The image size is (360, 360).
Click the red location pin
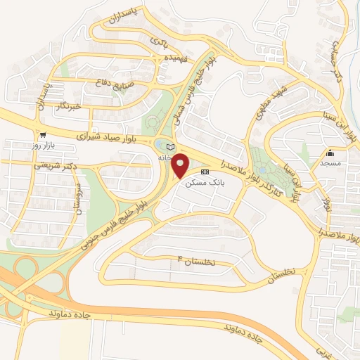181,165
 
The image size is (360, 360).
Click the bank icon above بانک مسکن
205,172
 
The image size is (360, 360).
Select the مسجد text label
330,162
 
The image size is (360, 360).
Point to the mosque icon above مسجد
330,153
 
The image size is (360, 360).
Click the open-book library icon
169,146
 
